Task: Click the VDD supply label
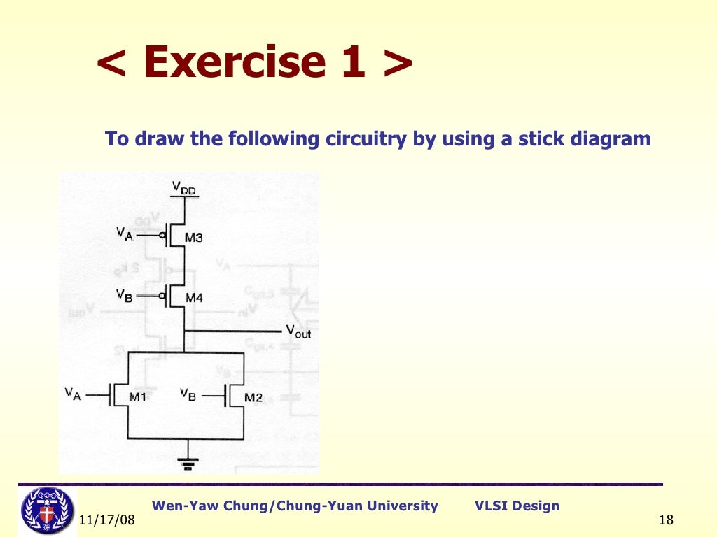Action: tap(185, 188)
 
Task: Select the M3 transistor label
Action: tap(194, 238)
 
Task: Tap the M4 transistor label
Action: tap(194, 298)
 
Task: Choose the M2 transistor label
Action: tap(253, 397)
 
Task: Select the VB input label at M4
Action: tap(125, 295)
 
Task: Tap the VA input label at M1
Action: tap(74, 394)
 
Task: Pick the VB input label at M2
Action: tap(188, 394)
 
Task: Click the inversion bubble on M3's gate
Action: tap(162, 236)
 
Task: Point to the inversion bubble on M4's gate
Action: tap(162, 296)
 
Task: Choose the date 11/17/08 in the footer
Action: tap(106, 522)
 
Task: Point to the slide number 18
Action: tap(666, 521)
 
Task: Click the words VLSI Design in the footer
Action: tap(517, 506)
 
